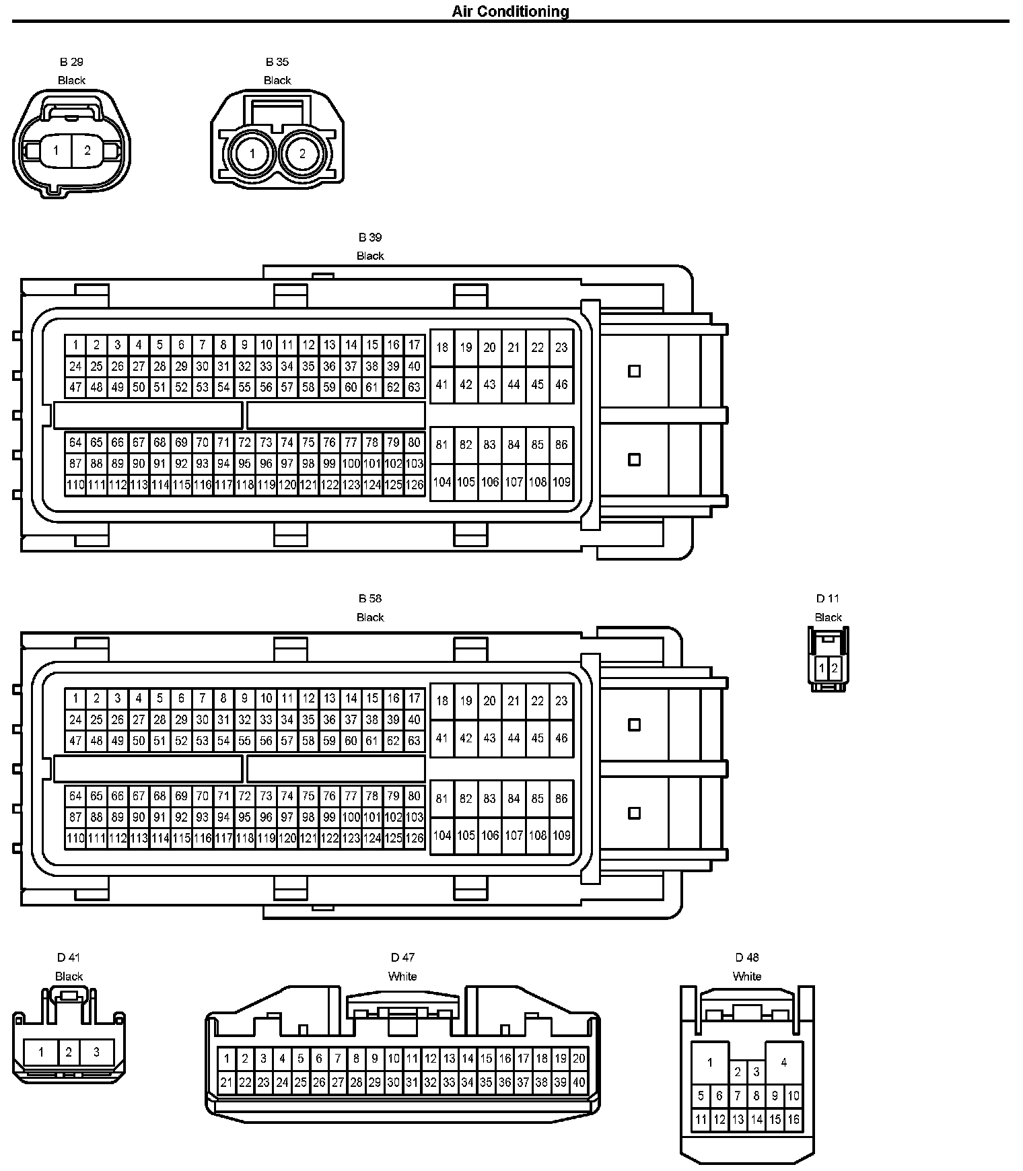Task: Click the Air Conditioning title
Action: point(510,11)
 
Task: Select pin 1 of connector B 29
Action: point(56,151)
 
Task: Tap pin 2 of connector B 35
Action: point(302,153)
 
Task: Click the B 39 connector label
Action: point(370,238)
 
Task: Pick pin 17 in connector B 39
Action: point(415,345)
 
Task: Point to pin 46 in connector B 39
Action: point(561,384)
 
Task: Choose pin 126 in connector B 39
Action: point(415,485)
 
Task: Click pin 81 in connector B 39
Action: point(442,445)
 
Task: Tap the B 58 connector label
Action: point(370,598)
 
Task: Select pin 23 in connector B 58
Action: point(561,701)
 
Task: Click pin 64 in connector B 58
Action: point(75,796)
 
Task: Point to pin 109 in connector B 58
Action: point(561,835)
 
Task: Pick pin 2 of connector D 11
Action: point(835,669)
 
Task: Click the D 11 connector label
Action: point(828,598)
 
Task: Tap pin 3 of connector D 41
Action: point(96,1052)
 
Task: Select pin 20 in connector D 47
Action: point(579,1059)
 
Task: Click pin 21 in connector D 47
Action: point(226,1083)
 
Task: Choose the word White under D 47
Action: point(402,976)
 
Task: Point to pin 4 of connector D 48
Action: point(783,1063)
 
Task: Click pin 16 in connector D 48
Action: point(793,1120)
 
